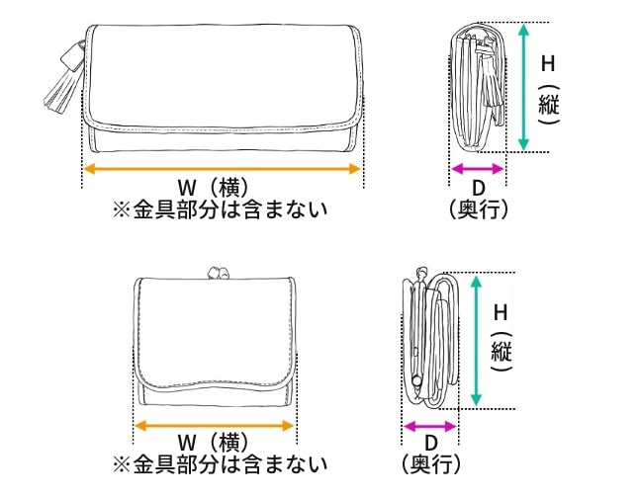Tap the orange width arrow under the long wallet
click(x=223, y=169)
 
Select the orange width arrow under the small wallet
click(x=215, y=426)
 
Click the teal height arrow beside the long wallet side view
click(x=523, y=87)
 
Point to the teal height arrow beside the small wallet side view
click(x=476, y=341)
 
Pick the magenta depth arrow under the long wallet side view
click(x=478, y=169)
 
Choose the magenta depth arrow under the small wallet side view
click(x=430, y=427)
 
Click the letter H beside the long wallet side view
click(x=548, y=64)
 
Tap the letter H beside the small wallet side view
click(x=501, y=312)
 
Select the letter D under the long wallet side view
click(x=479, y=189)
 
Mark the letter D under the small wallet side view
click(x=430, y=443)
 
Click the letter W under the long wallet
click(x=187, y=188)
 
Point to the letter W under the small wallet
click(x=187, y=443)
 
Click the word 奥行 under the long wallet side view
click(x=479, y=209)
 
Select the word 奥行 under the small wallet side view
click(x=430, y=464)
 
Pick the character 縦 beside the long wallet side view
click(x=549, y=104)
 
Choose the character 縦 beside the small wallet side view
click(x=502, y=351)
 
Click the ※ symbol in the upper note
click(x=122, y=210)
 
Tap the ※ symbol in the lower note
click(x=122, y=464)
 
